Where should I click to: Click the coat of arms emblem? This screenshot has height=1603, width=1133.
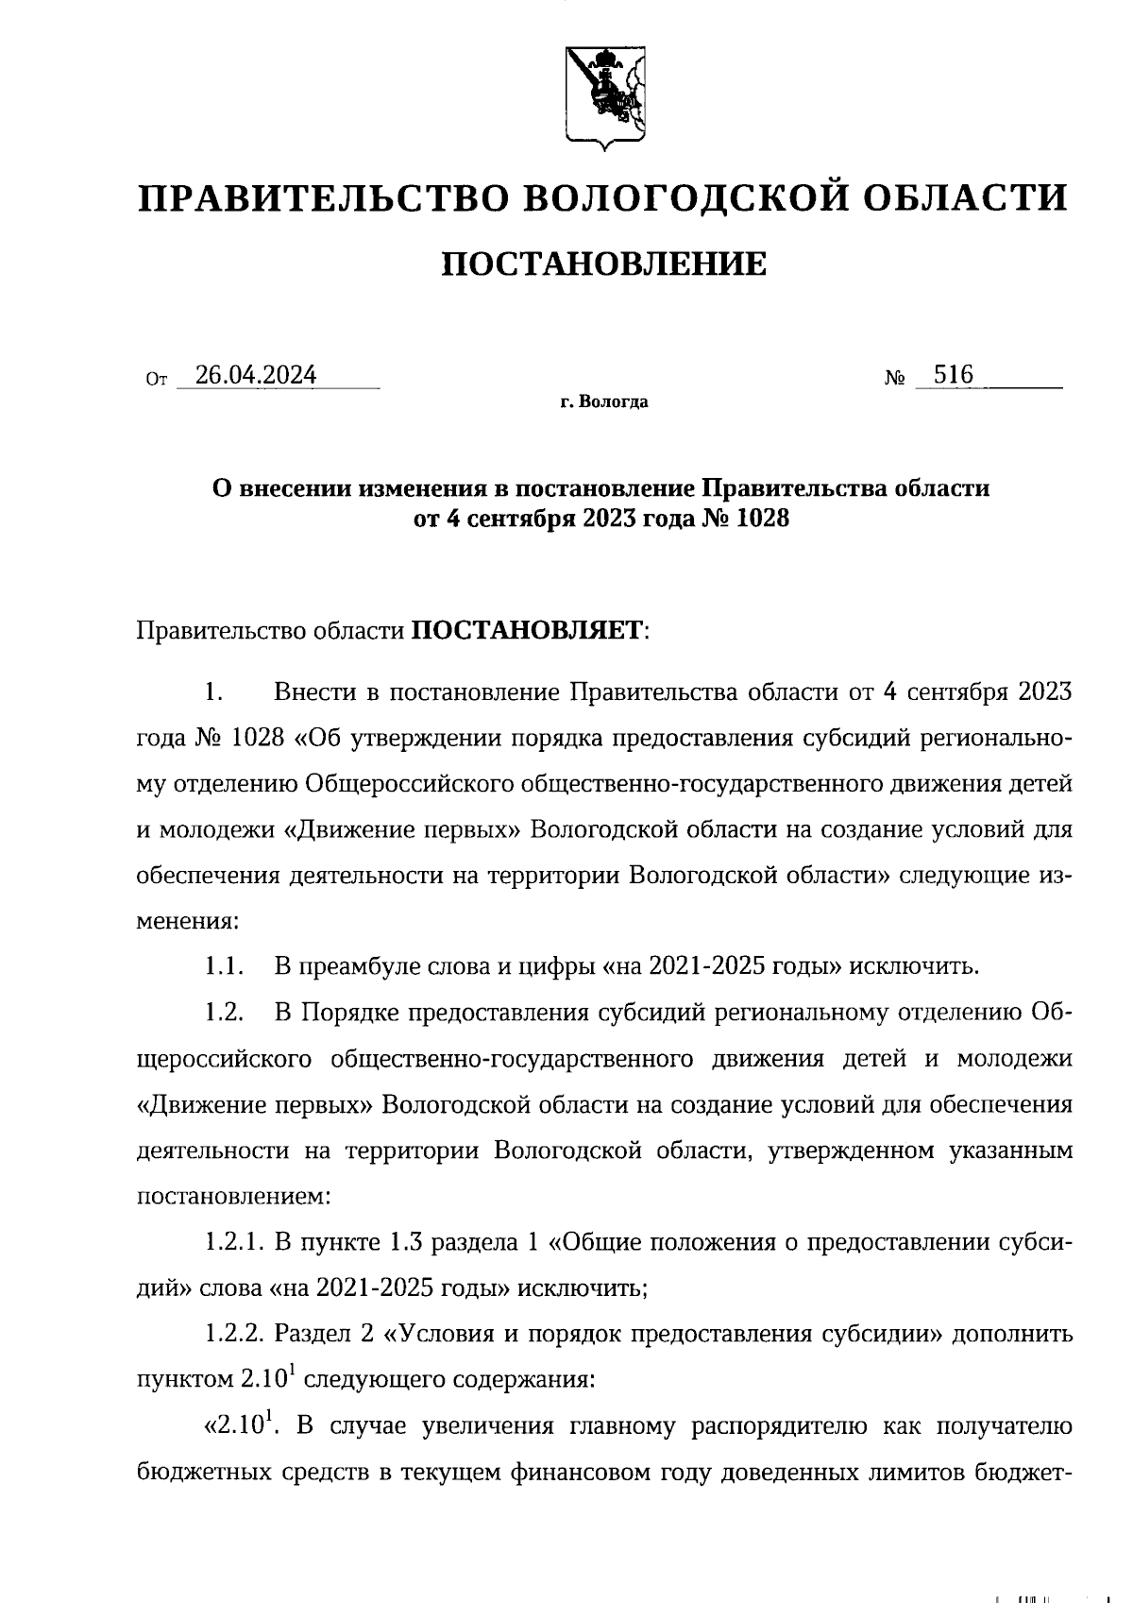point(604,95)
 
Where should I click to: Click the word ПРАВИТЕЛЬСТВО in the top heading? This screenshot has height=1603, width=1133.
point(320,199)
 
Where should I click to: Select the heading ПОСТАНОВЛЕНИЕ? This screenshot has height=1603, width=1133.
point(604,264)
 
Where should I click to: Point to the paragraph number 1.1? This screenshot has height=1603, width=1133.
point(226,966)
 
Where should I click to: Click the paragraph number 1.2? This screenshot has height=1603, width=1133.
point(226,1013)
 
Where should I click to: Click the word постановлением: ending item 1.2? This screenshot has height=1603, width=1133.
point(234,1197)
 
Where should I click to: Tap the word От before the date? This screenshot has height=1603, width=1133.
point(157,381)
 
